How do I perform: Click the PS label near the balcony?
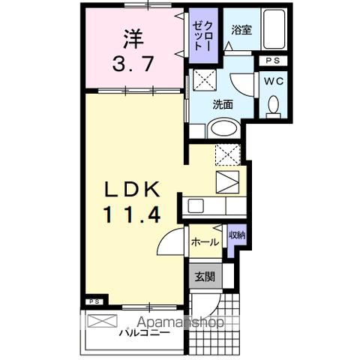[x=94, y=301]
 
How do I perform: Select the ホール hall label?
[x=204, y=241]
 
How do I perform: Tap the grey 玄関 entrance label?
[x=204, y=277]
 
